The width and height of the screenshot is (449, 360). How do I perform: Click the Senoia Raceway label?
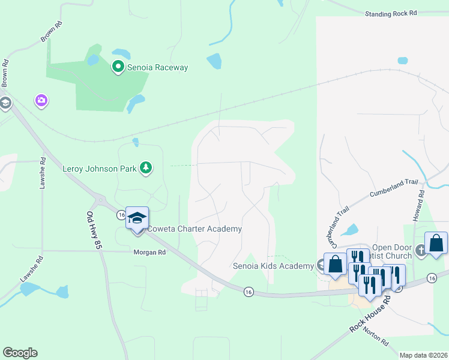coord(157,67)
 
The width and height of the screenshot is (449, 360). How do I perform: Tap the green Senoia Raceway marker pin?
coord(118,67)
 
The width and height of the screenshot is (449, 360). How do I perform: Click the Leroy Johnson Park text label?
coord(100,169)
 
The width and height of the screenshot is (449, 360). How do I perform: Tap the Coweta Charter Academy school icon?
coord(137,218)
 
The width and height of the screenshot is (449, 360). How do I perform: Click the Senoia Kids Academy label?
coord(273,265)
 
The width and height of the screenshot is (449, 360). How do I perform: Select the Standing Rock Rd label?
coord(391,13)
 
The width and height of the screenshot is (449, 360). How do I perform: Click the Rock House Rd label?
coord(371,316)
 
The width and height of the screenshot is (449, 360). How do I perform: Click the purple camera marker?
coord(41,100)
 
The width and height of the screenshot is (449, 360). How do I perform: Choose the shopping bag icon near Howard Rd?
coord(436,243)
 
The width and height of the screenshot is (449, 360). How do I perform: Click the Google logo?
coord(20,353)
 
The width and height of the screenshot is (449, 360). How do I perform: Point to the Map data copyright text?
coord(423,355)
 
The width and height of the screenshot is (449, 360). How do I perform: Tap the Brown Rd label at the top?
coord(52,32)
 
